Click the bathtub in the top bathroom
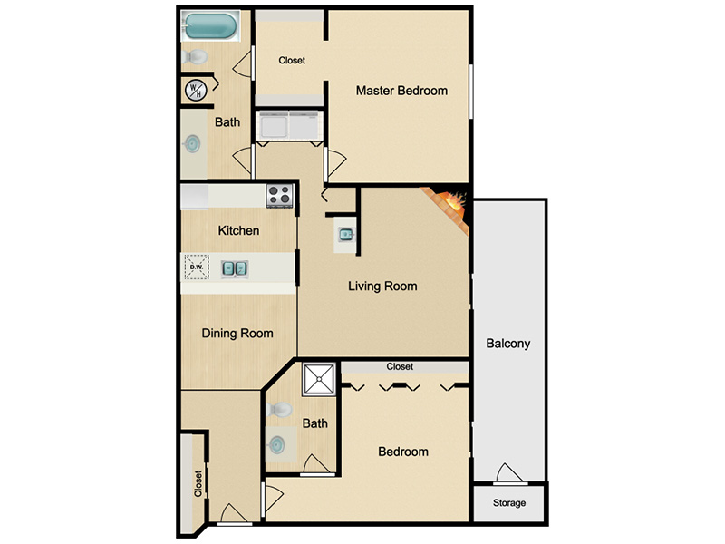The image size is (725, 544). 211,26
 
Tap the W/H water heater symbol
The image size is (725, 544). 196,90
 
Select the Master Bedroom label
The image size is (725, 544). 401,91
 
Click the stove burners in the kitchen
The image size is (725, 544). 280,195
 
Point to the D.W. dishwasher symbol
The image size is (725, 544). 197,267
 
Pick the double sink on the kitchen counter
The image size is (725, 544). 235,268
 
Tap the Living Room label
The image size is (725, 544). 382,287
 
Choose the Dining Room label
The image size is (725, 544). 237,334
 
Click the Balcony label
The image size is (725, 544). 508,344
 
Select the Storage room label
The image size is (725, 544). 509,503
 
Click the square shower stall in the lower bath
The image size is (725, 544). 319,379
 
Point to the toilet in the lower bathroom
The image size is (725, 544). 279,410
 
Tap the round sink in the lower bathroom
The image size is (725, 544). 277,444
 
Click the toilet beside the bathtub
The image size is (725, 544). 195,57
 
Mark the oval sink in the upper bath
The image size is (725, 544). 192,144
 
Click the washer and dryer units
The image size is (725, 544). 289,125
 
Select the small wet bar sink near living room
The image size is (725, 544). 345,235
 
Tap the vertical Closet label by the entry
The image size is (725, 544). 198,484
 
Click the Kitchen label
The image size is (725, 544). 238,230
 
